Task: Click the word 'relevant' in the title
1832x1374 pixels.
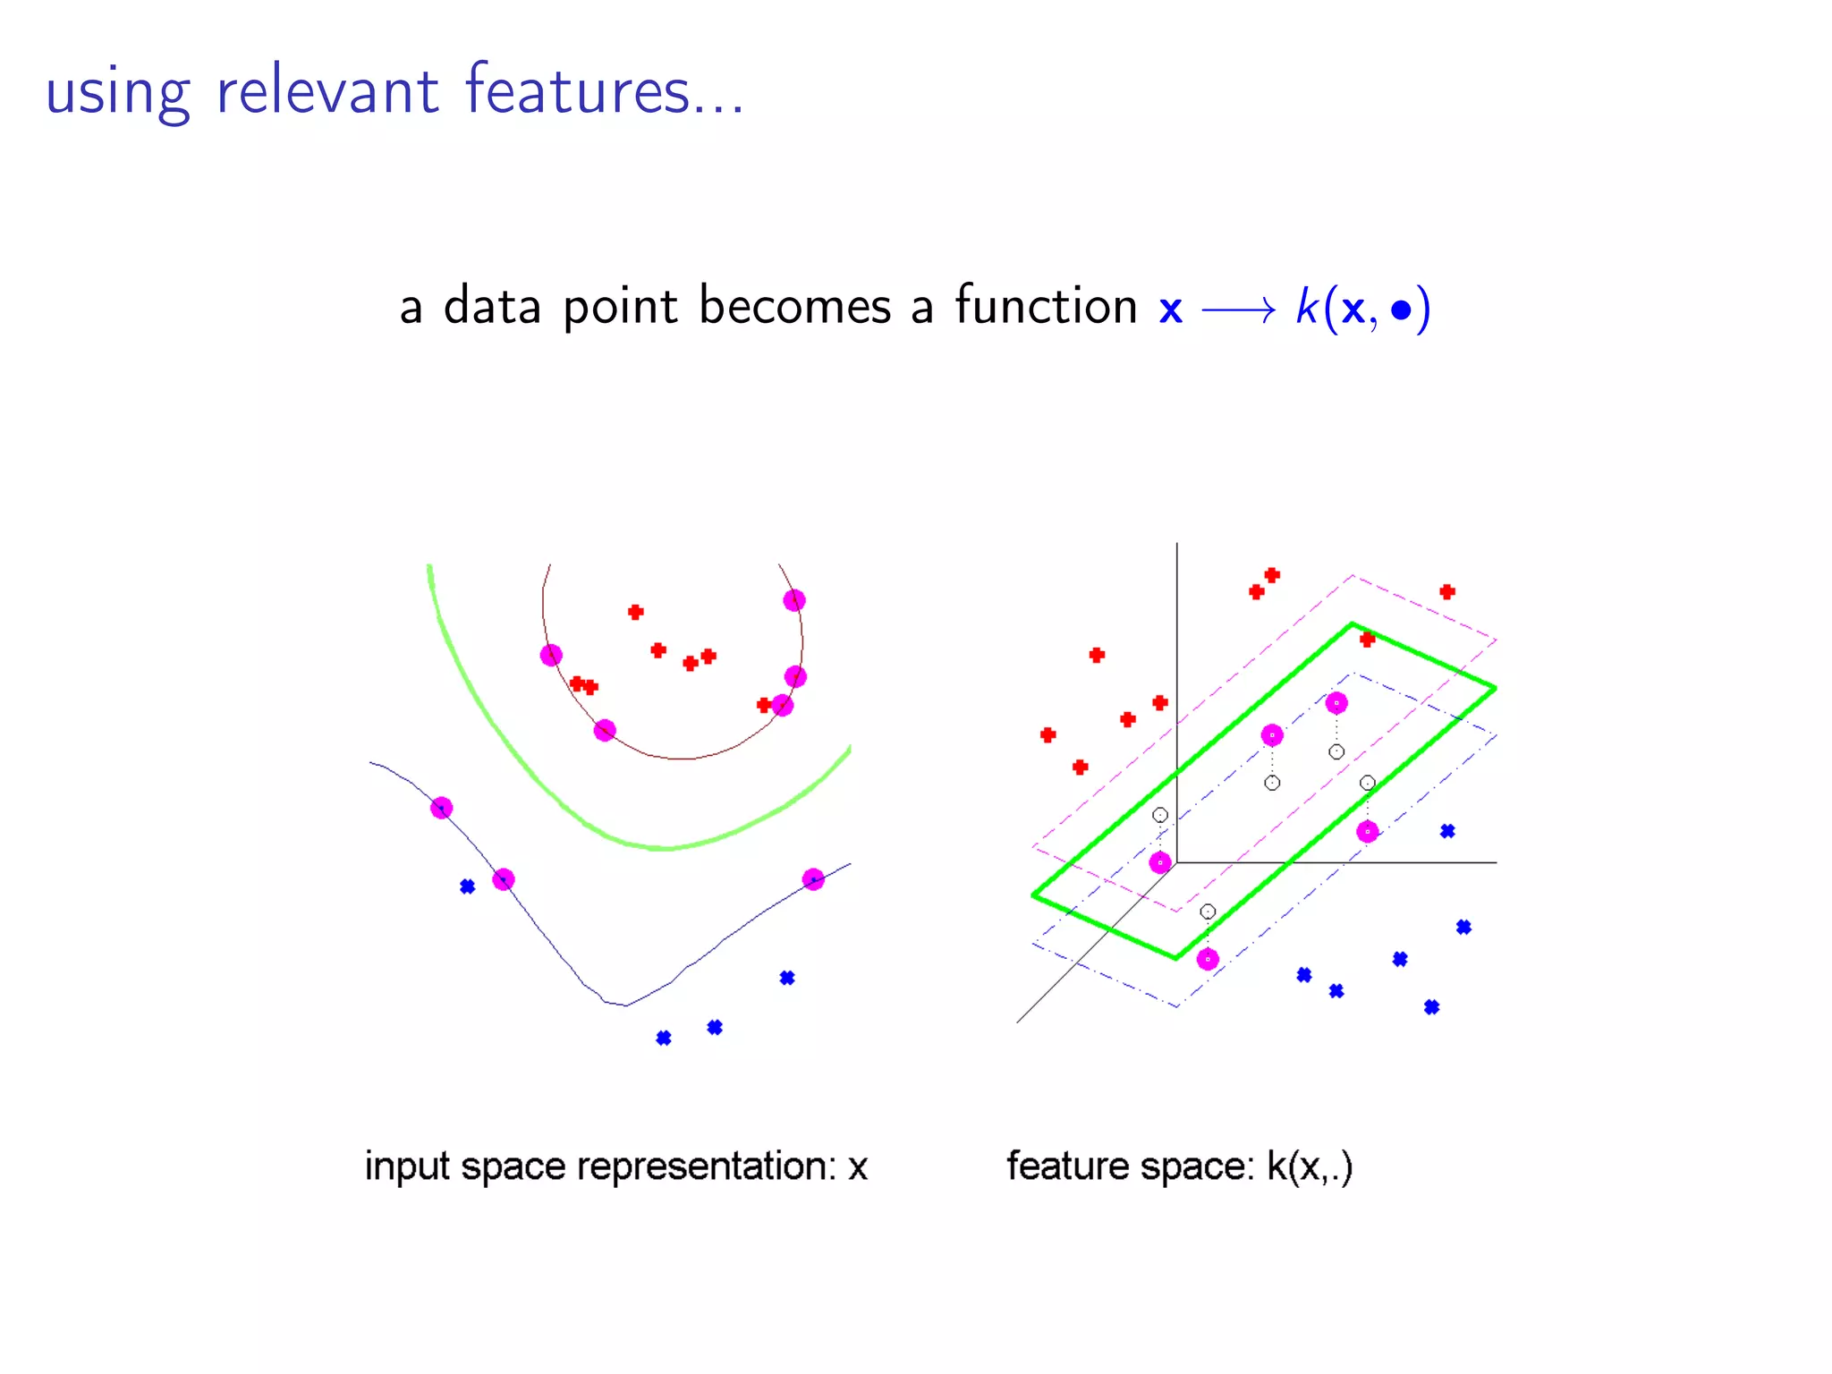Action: click(327, 91)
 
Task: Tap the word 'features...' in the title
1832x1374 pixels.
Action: click(604, 91)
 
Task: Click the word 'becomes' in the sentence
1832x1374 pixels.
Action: click(794, 307)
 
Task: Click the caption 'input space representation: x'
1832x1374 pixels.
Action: click(616, 1166)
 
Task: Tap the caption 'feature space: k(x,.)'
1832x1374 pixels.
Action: click(1179, 1166)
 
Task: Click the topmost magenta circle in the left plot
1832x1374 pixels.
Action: click(794, 600)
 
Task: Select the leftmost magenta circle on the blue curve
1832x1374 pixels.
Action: click(441, 808)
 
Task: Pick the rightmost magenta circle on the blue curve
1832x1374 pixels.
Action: click(813, 879)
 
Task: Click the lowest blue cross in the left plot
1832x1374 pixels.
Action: click(664, 1038)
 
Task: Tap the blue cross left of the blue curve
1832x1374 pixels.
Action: click(467, 886)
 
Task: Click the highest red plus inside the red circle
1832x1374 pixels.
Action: click(635, 612)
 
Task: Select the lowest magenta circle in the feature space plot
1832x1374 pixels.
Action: click(1208, 959)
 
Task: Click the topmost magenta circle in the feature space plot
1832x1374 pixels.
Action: click(1336, 703)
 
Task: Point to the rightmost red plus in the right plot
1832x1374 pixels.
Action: click(1447, 591)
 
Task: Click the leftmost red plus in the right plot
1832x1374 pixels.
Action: click(1048, 734)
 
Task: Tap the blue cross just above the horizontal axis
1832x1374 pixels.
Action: click(1447, 831)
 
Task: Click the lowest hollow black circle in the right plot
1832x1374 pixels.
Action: click(1208, 912)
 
